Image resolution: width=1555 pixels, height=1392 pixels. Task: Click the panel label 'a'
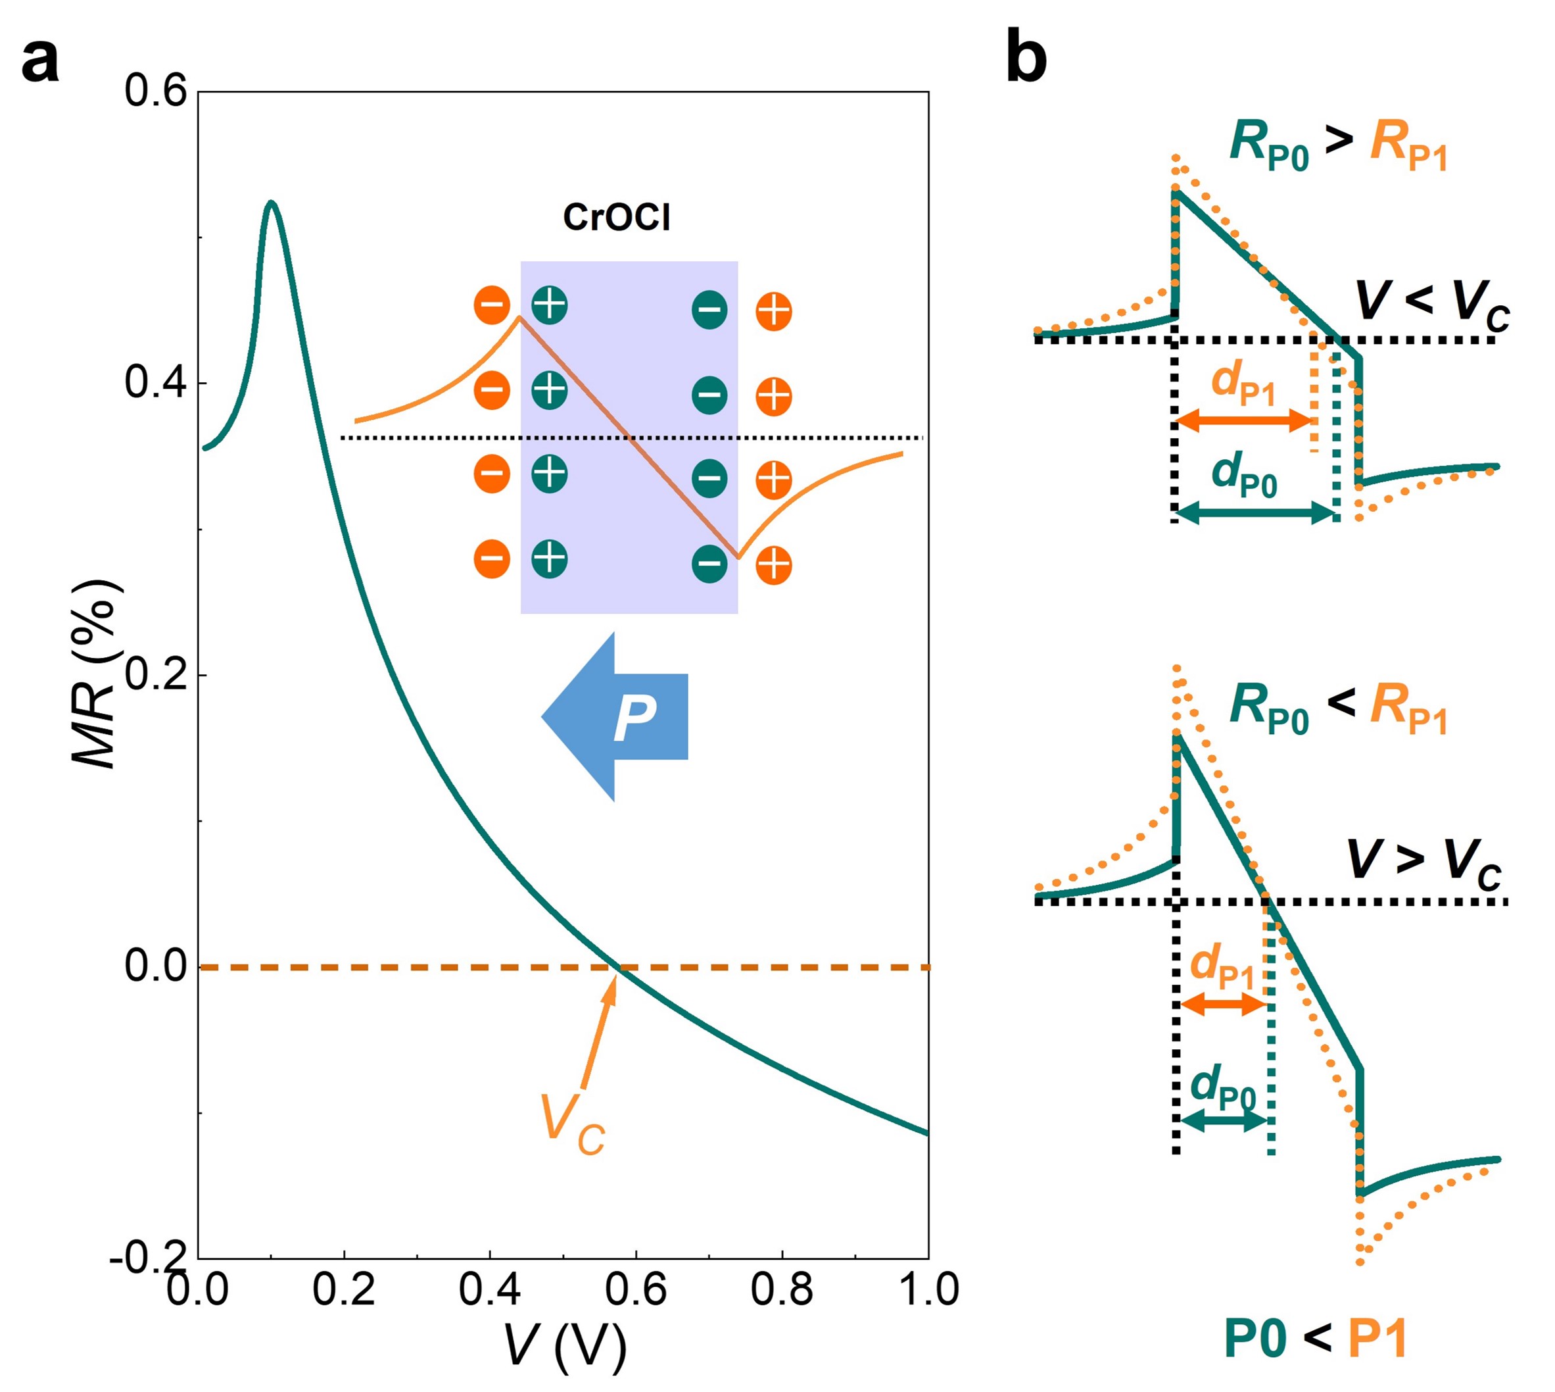point(39,62)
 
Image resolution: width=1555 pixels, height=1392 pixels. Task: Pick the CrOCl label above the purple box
point(616,218)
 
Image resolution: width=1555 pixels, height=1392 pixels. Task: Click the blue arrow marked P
point(615,716)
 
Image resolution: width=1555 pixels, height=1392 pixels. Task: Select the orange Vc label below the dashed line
point(571,1128)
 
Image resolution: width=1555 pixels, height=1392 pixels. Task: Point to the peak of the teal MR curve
point(270,203)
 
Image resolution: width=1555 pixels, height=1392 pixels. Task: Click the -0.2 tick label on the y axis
point(149,1258)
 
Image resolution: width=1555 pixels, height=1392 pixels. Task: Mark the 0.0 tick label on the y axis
point(155,967)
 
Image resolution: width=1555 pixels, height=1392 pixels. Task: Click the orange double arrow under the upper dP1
point(1244,420)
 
